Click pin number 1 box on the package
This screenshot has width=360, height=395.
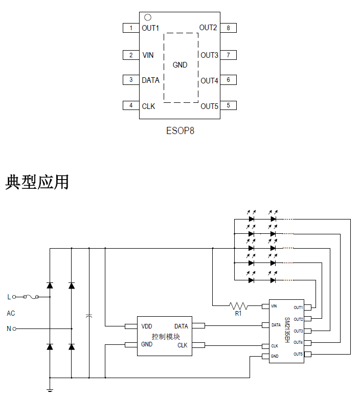(x=131, y=28)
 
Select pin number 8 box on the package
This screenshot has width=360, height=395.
(x=228, y=28)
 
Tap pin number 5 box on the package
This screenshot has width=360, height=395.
(x=228, y=106)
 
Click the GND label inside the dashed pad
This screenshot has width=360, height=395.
(x=180, y=65)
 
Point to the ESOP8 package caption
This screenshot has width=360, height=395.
(x=180, y=130)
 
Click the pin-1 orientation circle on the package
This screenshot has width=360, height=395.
(x=148, y=17)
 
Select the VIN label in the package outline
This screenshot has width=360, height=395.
(x=148, y=55)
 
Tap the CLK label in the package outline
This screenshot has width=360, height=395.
(x=148, y=106)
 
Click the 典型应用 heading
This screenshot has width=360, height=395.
(x=37, y=182)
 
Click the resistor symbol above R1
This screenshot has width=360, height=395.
(x=238, y=306)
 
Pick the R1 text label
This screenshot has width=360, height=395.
(x=238, y=314)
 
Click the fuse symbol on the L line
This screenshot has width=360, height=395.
(x=36, y=297)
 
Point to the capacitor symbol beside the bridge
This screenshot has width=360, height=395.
(x=89, y=317)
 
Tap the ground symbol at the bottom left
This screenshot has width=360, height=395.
(x=50, y=390)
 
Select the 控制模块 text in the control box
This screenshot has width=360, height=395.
(x=166, y=336)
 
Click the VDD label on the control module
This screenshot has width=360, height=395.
(x=147, y=326)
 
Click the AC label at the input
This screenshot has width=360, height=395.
(x=11, y=313)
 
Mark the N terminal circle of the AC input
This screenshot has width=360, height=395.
(x=14, y=328)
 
